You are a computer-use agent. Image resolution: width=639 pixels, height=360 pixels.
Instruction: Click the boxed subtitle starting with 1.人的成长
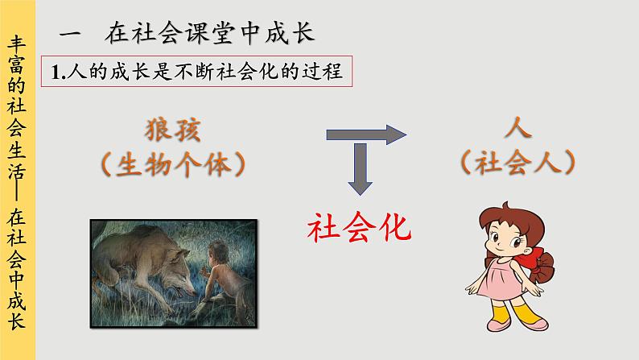[197, 72]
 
